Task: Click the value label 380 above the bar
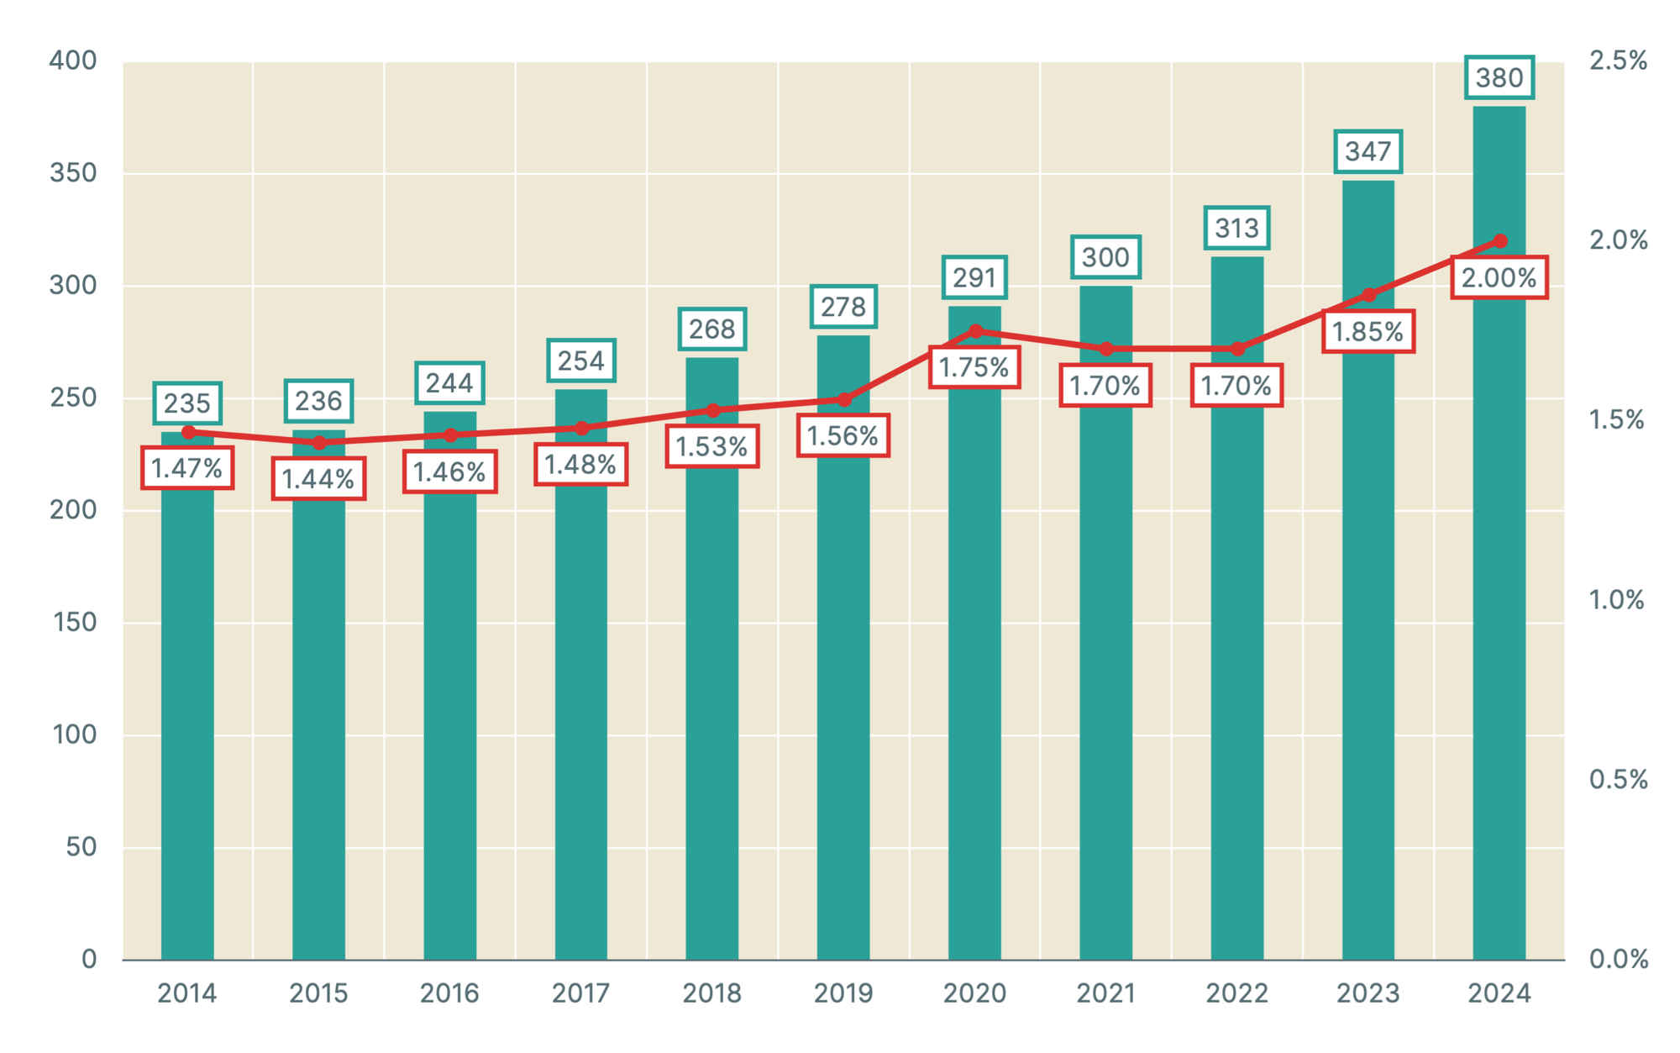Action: [1499, 78]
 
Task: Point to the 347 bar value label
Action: [1368, 152]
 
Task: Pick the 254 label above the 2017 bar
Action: [581, 361]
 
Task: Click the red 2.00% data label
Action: [1499, 278]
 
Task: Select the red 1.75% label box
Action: [974, 367]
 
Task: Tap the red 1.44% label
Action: [318, 479]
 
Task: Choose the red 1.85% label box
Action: [1368, 332]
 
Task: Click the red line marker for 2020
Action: [975, 331]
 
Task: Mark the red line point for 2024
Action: [1500, 241]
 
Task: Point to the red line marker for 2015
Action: [319, 442]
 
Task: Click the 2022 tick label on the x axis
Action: [1236, 993]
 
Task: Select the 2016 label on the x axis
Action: [449, 993]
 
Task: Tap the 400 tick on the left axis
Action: [73, 61]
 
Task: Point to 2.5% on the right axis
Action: [1618, 61]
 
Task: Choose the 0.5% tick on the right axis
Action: [1618, 779]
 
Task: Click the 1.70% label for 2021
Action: [1105, 386]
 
